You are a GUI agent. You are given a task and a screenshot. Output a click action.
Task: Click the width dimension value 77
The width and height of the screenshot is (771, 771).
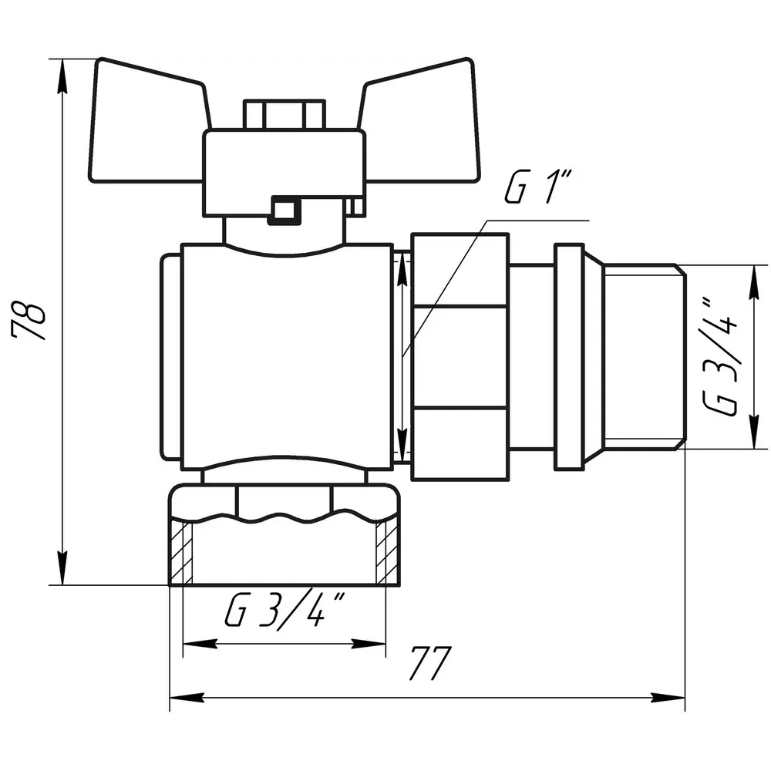pyautogui.click(x=430, y=663)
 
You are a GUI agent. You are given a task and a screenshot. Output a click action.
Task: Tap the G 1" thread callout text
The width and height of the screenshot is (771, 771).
pyautogui.click(x=538, y=187)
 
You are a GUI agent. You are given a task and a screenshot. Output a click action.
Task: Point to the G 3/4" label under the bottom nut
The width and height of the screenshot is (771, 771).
pyautogui.click(x=284, y=610)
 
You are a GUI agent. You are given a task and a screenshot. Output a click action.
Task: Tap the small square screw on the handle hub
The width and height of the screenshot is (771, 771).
pyautogui.click(x=284, y=210)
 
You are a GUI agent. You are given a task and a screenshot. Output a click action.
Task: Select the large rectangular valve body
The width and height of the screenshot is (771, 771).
pyautogui.click(x=287, y=356)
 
